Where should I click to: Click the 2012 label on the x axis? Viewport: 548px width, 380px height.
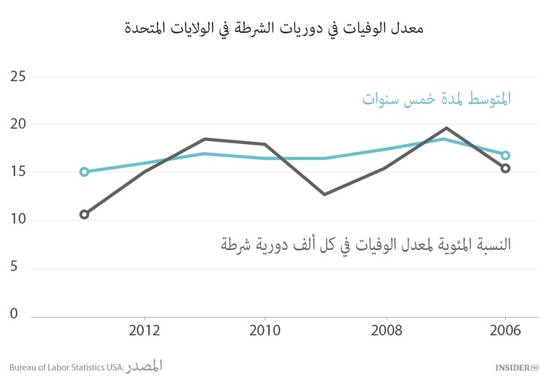click(x=145, y=331)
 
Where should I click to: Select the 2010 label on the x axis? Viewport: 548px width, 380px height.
click(x=265, y=331)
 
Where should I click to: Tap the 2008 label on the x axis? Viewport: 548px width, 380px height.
click(x=385, y=331)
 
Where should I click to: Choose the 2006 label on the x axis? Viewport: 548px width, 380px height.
click(x=505, y=331)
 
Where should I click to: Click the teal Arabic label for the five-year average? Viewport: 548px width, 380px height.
click(x=436, y=99)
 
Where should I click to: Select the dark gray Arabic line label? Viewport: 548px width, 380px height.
click(x=365, y=244)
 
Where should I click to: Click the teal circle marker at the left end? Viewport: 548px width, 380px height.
click(x=84, y=172)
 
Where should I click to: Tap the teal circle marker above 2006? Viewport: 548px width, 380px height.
click(x=505, y=155)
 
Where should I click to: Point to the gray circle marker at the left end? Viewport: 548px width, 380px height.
click(x=84, y=214)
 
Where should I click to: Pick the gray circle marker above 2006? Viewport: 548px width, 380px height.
click(x=505, y=168)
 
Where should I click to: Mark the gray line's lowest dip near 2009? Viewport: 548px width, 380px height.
click(x=324, y=194)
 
